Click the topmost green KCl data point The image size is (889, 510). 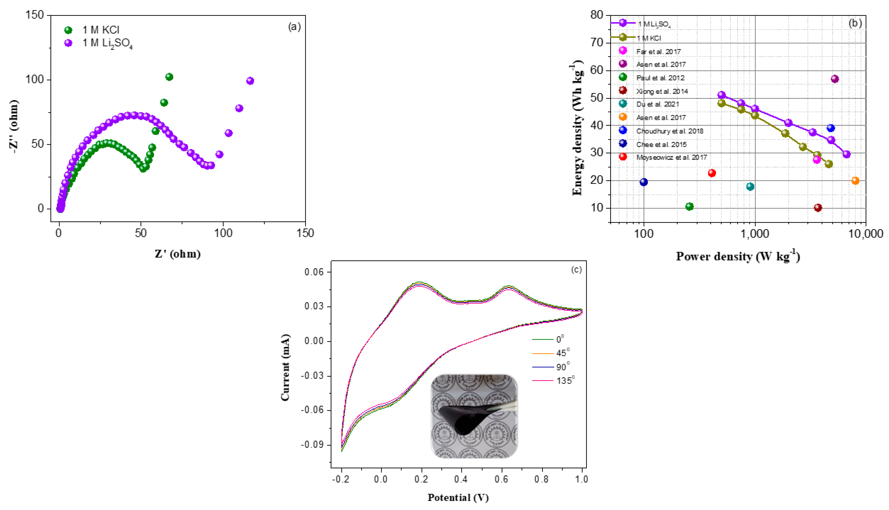point(169,77)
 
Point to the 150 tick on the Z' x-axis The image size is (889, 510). point(305,233)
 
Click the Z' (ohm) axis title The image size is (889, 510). point(178,254)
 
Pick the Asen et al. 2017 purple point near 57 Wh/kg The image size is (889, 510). point(835,79)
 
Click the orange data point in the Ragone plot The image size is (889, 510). point(855,181)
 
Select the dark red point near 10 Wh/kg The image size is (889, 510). point(818,208)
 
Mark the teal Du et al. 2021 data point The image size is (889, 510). point(750,186)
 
